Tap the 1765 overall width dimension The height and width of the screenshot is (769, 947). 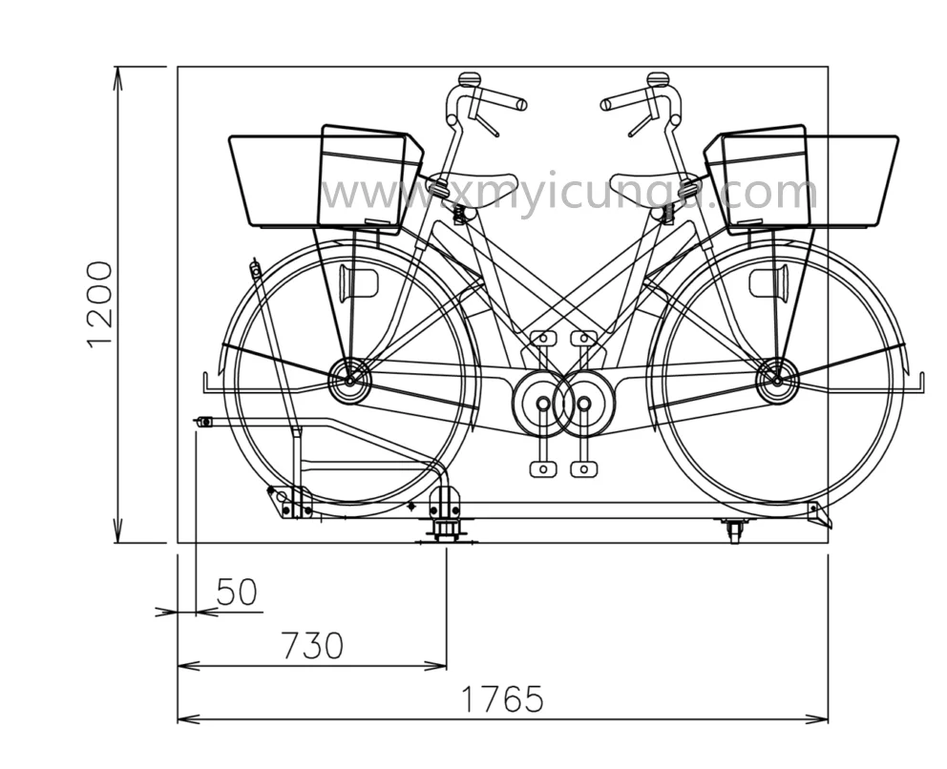(502, 699)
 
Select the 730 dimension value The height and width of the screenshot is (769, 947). (313, 645)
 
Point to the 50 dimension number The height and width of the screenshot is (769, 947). (237, 592)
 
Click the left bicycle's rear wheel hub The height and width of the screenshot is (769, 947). (349, 381)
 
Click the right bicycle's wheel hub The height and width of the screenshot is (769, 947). (777, 381)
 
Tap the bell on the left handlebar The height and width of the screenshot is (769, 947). (470, 79)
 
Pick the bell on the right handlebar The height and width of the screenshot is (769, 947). (658, 79)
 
